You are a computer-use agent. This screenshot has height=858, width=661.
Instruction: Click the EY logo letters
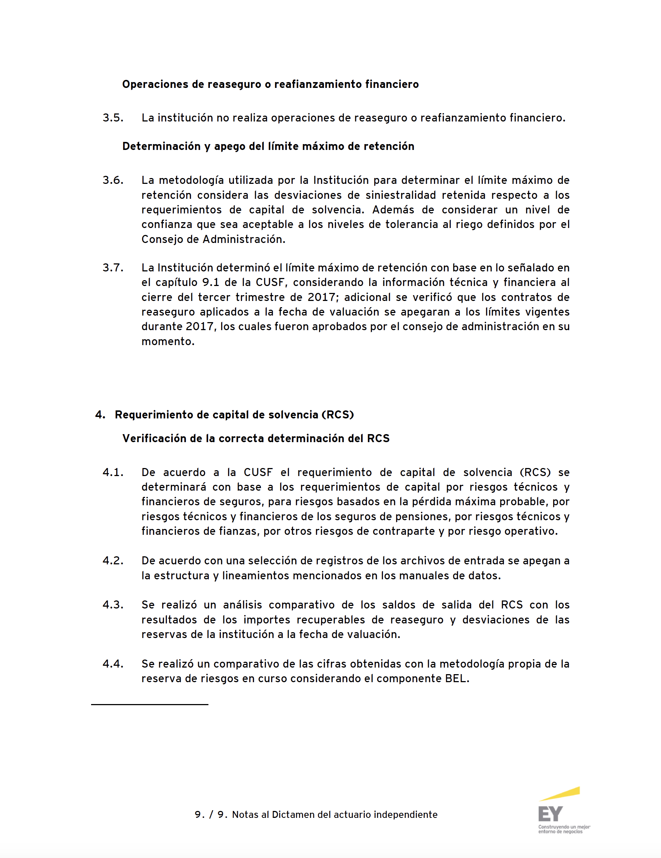pyautogui.click(x=550, y=813)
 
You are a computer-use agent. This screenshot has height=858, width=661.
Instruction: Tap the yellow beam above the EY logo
pyautogui.click(x=560, y=794)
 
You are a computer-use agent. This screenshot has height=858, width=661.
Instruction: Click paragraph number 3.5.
pyautogui.click(x=113, y=118)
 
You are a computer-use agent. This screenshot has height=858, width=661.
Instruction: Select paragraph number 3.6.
pyautogui.click(x=113, y=180)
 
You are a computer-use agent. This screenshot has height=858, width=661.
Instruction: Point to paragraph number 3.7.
pyautogui.click(x=113, y=268)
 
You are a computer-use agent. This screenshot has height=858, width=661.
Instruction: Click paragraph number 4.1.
pyautogui.click(x=113, y=473)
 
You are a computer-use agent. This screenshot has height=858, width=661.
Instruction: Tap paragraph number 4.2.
pyautogui.click(x=113, y=561)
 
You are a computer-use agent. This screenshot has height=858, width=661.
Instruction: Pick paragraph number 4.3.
pyautogui.click(x=113, y=604)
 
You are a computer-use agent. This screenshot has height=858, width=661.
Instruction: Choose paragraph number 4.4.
pyautogui.click(x=113, y=664)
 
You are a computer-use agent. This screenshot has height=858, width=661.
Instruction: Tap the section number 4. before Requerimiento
pyautogui.click(x=100, y=415)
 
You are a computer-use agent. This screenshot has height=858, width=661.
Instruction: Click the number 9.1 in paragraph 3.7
pyautogui.click(x=210, y=282)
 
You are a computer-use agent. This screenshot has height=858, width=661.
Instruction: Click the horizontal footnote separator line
pyautogui.click(x=149, y=704)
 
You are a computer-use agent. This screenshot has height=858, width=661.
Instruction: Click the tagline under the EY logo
pyautogui.click(x=564, y=829)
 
